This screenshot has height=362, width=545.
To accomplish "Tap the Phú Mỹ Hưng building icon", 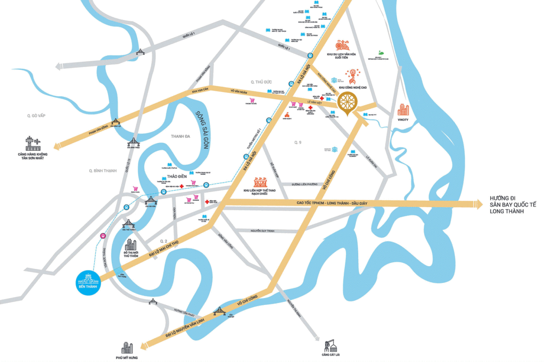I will [127, 348].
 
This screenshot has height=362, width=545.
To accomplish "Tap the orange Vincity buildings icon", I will [403, 110].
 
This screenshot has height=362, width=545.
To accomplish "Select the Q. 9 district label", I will [298, 143].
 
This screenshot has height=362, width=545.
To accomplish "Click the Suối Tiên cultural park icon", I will [342, 46].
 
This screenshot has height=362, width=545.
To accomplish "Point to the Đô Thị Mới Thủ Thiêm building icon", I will [131, 245].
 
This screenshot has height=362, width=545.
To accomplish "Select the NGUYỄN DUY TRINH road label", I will [266, 231].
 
